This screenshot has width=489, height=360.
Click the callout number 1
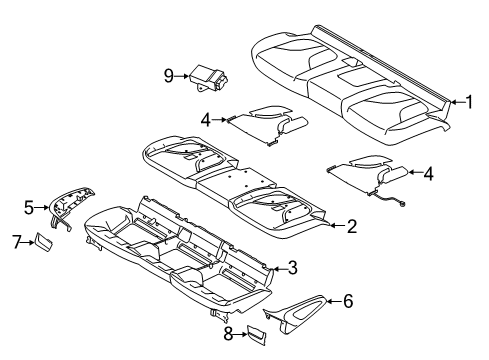pyautogui.click(x=469, y=102)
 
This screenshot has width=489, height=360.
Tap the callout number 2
pyautogui.click(x=352, y=226)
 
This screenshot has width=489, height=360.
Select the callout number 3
pyautogui.click(x=292, y=268)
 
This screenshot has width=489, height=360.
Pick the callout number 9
pyautogui.click(x=169, y=76)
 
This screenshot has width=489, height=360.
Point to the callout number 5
pyautogui.click(x=29, y=208)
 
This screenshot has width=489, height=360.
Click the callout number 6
pyautogui.click(x=348, y=301)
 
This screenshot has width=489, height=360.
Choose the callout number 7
pyautogui.click(x=17, y=242)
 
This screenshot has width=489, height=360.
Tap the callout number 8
pyautogui.click(x=228, y=334)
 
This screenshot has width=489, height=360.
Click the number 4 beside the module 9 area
pyautogui.click(x=206, y=120)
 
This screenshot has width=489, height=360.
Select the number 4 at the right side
pyautogui.click(x=428, y=174)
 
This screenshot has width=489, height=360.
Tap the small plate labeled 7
pyautogui.click(x=42, y=242)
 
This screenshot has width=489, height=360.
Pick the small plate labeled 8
pyautogui.click(x=256, y=335)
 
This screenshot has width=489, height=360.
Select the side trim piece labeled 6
pyautogui.click(x=297, y=313)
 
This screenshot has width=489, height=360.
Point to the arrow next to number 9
pyautogui.click(x=182, y=76)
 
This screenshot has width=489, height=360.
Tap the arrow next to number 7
pyautogui.click(x=28, y=243)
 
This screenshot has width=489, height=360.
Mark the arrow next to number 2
pyautogui.click(x=337, y=226)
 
